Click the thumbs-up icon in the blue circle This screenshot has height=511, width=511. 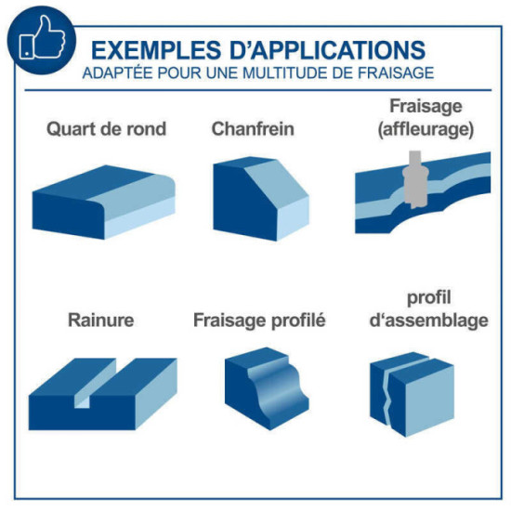43,38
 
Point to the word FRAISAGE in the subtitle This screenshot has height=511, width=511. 396,72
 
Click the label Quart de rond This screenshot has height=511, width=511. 107,128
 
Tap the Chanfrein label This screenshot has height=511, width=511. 253,128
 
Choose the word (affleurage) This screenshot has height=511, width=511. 426,129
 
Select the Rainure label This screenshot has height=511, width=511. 100,320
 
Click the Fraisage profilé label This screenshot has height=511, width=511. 259,320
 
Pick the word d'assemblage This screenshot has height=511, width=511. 429,320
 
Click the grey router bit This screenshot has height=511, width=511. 414,180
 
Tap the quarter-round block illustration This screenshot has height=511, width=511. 104,202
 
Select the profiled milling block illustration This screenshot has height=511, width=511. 267,388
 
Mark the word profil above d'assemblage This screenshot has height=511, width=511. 429,298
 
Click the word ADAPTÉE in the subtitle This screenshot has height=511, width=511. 118,72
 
